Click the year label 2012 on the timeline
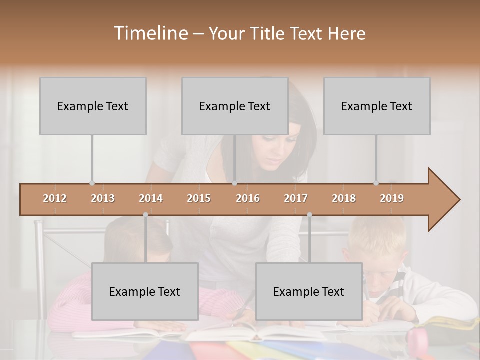pos(55,198)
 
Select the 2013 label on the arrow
pos(103,198)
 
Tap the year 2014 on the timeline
pos(151,198)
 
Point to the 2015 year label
pos(199,198)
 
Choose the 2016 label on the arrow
pos(248,198)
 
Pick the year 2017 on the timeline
pos(296,198)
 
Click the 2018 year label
pos(344,198)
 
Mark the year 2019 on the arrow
pos(392,198)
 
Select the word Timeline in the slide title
pos(149,33)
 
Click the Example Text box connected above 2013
pos(93,106)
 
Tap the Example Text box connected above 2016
pos(235,106)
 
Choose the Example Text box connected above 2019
pos(377,106)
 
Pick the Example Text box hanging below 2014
pos(145,291)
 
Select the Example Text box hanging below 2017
pos(309,291)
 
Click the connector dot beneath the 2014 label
pos(145,215)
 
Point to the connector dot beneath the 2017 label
pos(309,215)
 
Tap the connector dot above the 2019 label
pos(376,183)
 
